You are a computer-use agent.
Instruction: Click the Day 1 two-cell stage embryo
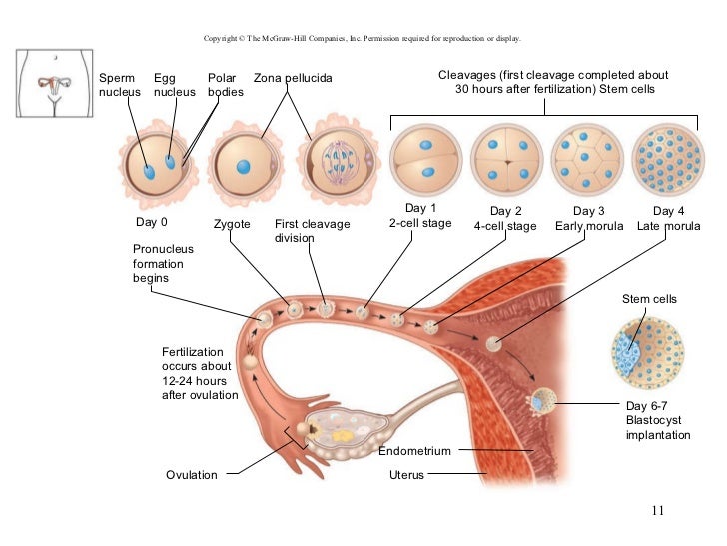(422, 159)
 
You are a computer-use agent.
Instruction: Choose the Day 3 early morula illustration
(587, 159)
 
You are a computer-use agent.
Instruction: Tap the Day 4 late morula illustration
(667, 159)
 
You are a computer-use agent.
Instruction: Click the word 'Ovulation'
(191, 475)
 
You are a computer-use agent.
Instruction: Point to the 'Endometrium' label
(415, 451)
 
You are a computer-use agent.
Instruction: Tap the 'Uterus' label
(406, 475)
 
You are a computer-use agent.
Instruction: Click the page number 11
(656, 512)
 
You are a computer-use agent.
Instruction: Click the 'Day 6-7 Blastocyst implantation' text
(657, 420)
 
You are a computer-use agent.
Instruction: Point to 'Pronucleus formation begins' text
(163, 263)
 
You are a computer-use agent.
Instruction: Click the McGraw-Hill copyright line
(361, 39)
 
